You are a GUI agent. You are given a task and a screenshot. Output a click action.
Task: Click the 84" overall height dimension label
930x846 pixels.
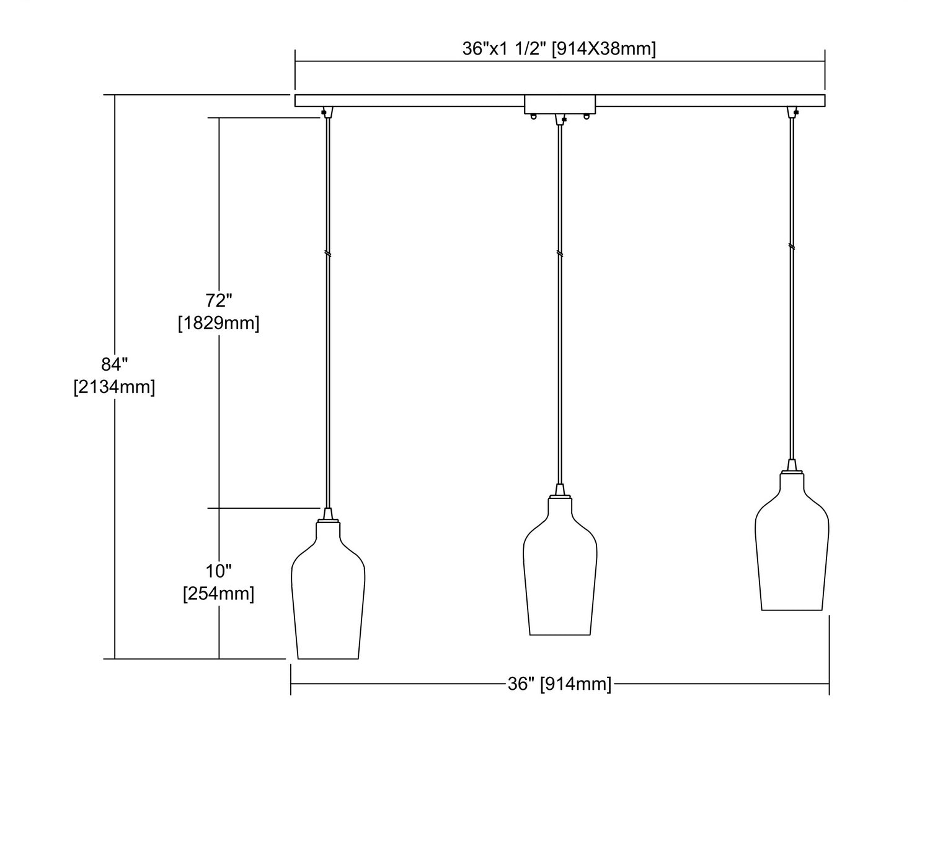tap(115, 364)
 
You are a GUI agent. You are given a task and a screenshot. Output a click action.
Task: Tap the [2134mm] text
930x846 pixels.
tap(115, 387)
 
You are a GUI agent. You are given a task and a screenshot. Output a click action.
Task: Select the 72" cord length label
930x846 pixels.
tap(219, 301)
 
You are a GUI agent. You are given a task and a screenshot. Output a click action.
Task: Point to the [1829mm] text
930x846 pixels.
tap(219, 323)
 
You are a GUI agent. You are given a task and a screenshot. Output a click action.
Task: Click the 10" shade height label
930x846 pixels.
tap(219, 571)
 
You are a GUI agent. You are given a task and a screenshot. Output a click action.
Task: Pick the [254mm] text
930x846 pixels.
tap(219, 593)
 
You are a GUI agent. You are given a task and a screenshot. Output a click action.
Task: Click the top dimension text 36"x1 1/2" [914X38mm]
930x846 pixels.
tap(559, 49)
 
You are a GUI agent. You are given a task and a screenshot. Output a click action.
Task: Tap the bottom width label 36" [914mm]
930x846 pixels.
tap(560, 684)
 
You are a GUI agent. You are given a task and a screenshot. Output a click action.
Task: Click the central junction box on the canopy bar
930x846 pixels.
tap(560, 104)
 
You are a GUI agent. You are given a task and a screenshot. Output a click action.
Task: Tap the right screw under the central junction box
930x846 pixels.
tap(587, 117)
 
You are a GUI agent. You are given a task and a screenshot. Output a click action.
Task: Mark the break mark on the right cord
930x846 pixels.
tap(792, 246)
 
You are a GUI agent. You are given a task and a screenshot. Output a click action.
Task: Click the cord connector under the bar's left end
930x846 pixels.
tap(327, 112)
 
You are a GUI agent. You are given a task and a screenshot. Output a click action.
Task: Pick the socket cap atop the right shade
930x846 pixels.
tap(792, 466)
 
